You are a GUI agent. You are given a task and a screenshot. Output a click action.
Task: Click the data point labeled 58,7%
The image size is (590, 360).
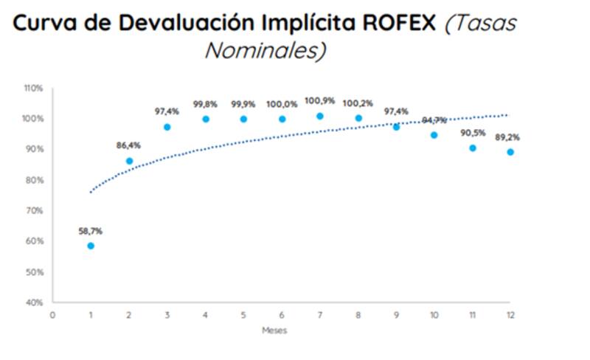[x=91, y=246]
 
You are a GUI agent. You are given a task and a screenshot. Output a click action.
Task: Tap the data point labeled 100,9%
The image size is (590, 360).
[x=319, y=116]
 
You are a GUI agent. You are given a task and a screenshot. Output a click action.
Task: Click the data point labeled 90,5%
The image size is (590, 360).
[x=473, y=148]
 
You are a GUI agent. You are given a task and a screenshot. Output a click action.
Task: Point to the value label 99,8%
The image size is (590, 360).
[x=205, y=105]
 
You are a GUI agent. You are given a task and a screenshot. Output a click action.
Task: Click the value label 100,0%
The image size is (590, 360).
[x=282, y=105]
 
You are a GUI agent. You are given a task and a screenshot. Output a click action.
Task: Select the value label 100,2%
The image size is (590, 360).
[x=358, y=105]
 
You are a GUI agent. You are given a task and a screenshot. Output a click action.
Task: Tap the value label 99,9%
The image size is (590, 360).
[x=243, y=105]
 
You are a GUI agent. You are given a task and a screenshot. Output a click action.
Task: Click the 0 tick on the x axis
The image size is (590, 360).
[x=52, y=315]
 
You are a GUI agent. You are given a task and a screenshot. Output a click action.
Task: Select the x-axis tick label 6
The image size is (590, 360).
[x=282, y=315]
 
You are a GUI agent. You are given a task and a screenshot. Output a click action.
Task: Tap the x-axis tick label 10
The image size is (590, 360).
[x=434, y=315]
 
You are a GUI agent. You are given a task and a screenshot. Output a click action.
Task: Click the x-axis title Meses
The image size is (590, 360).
[x=274, y=330]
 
